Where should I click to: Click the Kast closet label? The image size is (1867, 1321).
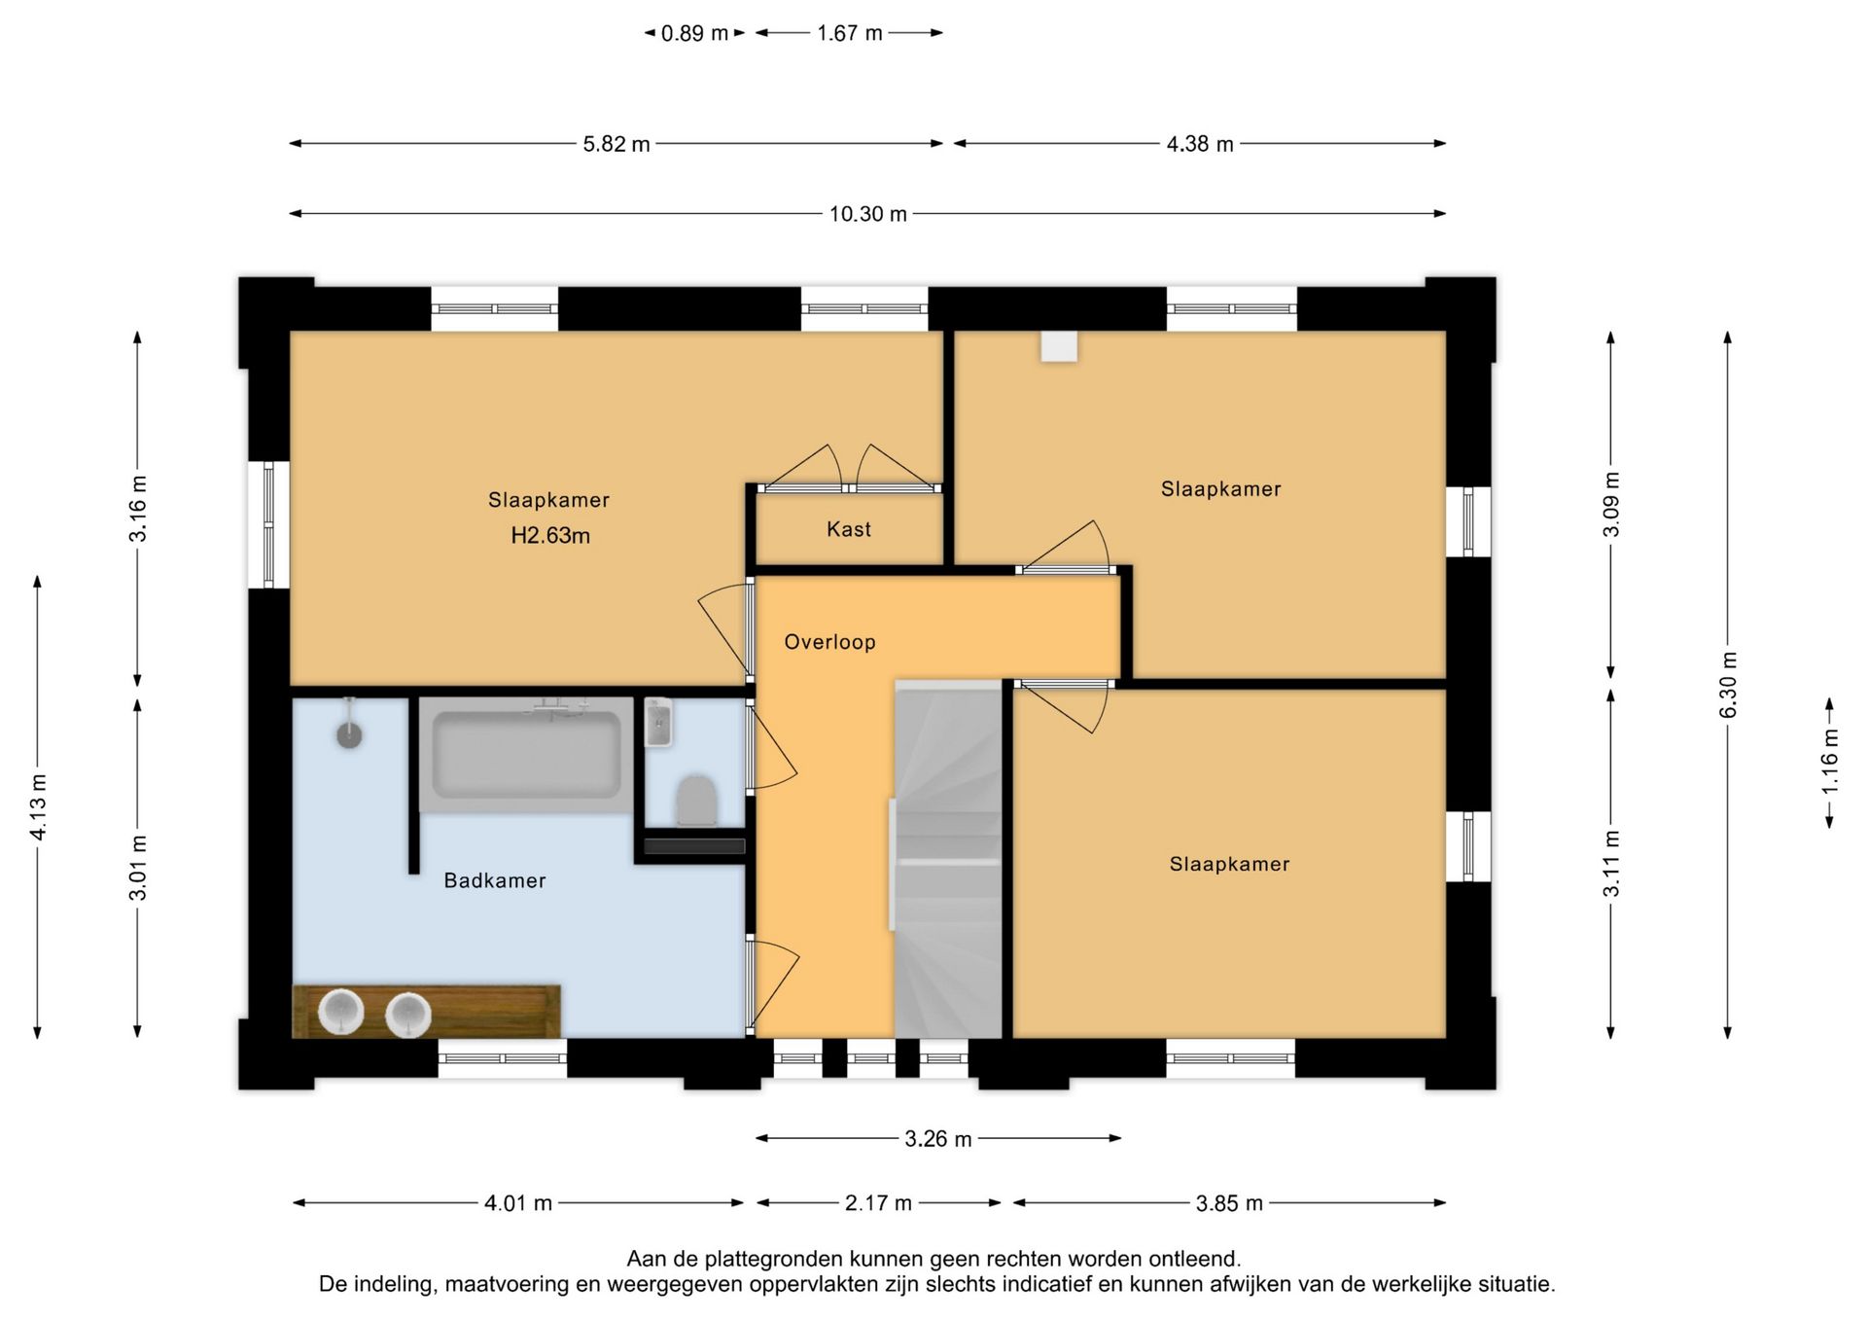pos(848,529)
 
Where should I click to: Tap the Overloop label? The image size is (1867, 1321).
pos(829,642)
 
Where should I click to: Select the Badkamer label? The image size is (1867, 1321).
pos(494,880)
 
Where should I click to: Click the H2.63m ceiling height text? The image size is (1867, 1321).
pos(550,535)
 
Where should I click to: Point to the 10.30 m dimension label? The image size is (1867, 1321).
pos(867,214)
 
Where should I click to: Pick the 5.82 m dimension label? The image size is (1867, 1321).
pos(616,144)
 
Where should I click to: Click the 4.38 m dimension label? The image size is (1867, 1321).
pos(1200,144)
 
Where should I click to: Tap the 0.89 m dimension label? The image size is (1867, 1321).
pos(694,33)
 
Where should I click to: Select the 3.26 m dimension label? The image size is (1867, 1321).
pos(938,1139)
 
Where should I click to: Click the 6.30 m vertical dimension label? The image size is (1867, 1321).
pos(1728,685)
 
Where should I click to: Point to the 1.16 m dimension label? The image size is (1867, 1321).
pos(1830,761)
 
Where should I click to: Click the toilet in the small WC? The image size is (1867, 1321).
pos(696,801)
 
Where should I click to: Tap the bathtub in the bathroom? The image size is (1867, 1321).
pos(526,754)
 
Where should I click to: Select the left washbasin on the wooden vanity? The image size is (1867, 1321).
pos(340,1012)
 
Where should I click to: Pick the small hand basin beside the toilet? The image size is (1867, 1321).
pos(658,723)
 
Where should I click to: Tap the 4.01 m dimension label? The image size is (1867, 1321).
pos(518,1203)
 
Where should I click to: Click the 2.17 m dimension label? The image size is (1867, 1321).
pos(878,1203)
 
